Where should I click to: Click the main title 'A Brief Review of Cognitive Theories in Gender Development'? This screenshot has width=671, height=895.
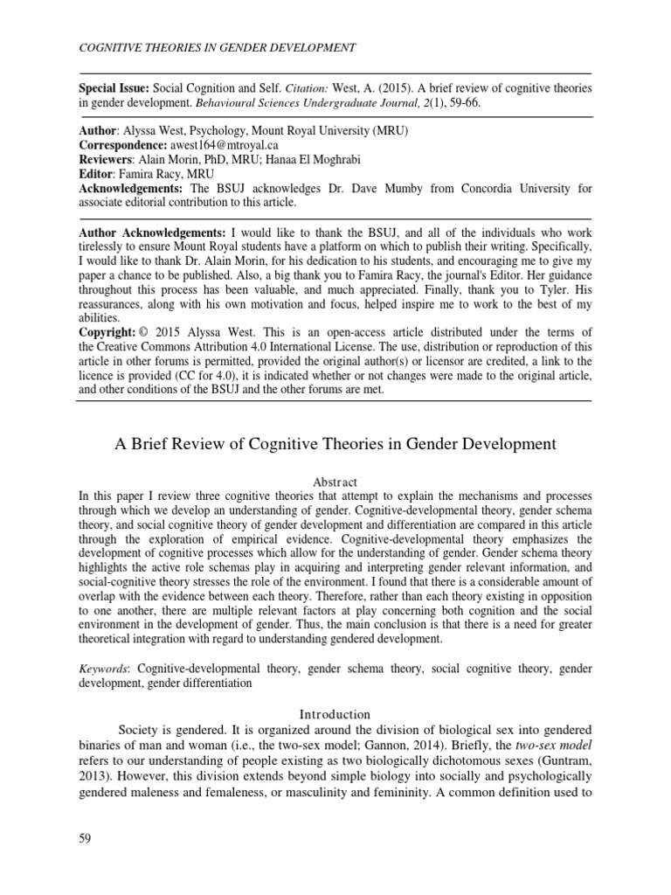pyautogui.click(x=335, y=444)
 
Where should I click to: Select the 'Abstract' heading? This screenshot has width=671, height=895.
pyautogui.click(x=335, y=482)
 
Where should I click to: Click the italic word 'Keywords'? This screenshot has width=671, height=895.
pyautogui.click(x=103, y=668)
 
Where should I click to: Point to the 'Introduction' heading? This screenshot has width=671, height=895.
pyautogui.click(x=335, y=714)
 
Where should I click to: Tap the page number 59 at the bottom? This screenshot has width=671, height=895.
pyautogui.click(x=86, y=839)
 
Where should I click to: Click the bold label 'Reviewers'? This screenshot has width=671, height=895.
pyautogui.click(x=106, y=161)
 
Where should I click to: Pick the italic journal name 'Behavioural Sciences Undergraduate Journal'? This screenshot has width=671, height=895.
pyautogui.click(x=301, y=103)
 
